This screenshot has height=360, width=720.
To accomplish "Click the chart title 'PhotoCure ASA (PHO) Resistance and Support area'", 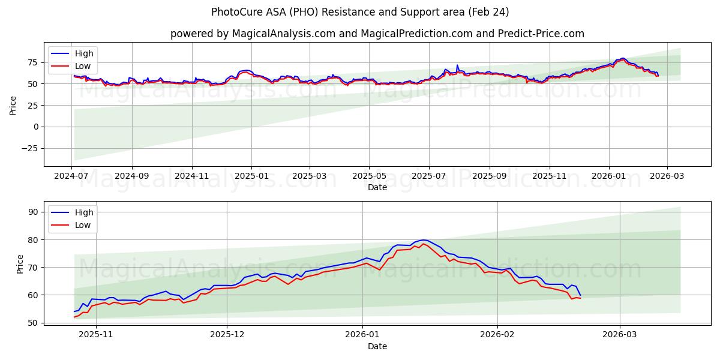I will click(360, 12).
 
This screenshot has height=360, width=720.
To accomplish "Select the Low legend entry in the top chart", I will click(82, 66).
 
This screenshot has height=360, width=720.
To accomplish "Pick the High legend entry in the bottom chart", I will click(83, 212).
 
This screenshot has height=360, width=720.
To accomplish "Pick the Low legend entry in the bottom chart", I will click(83, 225).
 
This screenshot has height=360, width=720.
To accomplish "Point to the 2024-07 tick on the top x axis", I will click(71, 176).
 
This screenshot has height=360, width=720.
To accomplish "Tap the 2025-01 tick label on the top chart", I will click(251, 176).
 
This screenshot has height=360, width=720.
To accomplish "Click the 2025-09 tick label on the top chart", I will click(489, 176).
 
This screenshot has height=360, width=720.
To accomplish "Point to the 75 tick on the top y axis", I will click(33, 62).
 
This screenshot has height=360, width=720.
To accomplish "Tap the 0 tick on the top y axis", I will click(36, 127).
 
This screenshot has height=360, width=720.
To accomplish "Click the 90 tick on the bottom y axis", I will click(33, 212).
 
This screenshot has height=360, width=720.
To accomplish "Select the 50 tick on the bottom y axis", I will click(33, 323).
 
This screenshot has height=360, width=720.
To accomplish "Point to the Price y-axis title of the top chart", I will click(13, 105).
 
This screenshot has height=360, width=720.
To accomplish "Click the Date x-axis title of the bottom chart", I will click(377, 346).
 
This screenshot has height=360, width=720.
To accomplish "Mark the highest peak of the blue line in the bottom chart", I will click(423, 240).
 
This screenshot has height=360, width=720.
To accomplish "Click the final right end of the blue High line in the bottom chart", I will click(580, 295).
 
